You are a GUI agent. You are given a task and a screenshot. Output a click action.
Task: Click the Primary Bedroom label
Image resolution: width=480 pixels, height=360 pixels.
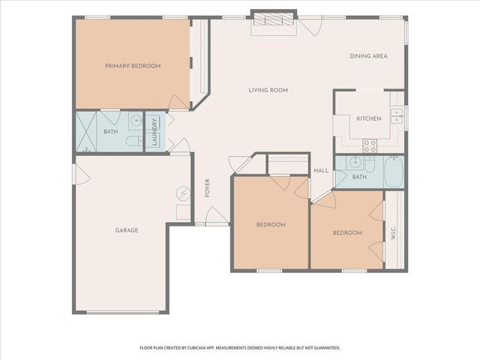[132, 66]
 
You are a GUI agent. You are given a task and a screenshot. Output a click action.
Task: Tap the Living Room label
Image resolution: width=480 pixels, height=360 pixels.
[268, 90]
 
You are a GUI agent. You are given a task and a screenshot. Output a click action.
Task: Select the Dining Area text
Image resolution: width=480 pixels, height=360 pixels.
[368, 56]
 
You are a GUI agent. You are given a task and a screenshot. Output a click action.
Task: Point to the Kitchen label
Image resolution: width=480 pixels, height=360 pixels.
[369, 118]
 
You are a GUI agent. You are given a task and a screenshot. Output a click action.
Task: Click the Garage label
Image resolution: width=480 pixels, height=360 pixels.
[126, 230]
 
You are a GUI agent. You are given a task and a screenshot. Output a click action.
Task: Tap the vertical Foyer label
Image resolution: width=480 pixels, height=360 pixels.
[207, 187]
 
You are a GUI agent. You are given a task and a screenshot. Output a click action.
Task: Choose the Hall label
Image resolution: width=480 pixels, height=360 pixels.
[321, 171]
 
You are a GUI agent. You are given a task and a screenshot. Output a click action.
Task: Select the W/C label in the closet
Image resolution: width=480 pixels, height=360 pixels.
[394, 233]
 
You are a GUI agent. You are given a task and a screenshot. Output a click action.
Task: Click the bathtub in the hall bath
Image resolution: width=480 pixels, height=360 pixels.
[394, 172]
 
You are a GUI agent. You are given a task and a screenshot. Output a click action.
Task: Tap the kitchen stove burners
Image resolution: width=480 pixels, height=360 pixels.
[370, 144]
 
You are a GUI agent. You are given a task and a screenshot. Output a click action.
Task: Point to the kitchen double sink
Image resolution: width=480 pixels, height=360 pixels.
[397, 115]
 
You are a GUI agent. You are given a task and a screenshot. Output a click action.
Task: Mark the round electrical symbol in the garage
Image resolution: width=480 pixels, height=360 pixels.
[183, 193]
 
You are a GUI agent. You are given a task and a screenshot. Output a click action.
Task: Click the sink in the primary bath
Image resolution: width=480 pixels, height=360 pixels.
[135, 120]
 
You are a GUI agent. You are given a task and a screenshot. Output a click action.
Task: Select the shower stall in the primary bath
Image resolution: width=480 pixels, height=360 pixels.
[88, 133]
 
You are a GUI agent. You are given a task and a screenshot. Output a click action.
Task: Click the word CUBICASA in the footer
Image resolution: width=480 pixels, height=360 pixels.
[215, 348]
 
